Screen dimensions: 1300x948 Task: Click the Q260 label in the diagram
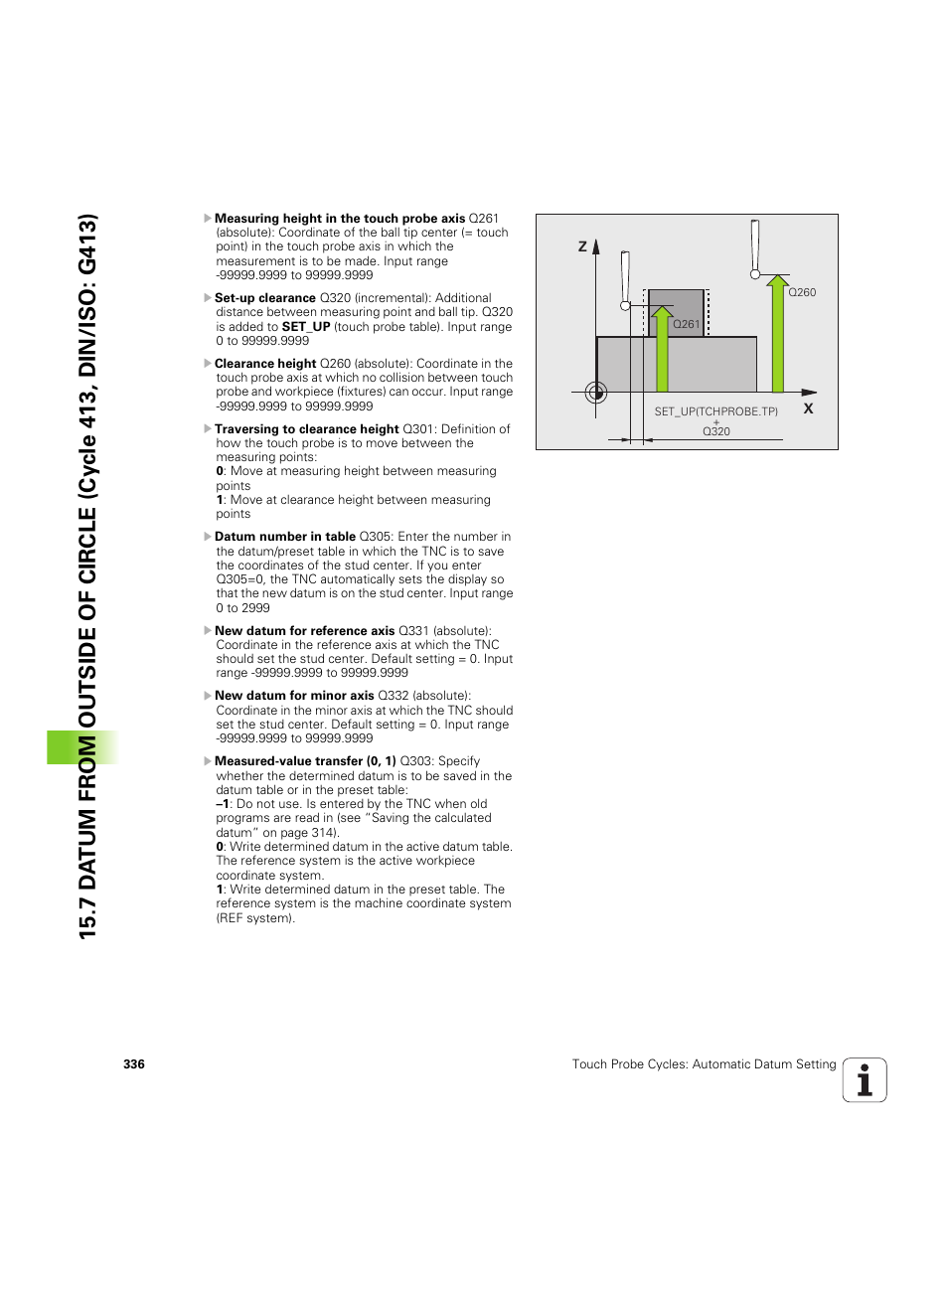802,292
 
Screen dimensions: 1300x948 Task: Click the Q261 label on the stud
686,324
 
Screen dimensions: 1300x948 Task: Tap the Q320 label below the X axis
715,431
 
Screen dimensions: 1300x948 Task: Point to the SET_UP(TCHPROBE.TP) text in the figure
715,411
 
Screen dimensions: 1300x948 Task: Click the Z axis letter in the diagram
582,246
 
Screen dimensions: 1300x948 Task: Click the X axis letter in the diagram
808,408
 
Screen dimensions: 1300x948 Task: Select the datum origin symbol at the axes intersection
596,393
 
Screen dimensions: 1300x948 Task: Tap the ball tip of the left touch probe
625,306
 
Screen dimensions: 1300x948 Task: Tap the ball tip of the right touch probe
755,274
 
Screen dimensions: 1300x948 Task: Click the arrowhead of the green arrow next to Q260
777,282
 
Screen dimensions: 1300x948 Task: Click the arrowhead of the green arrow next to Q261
662,313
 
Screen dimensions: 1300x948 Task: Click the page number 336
134,1064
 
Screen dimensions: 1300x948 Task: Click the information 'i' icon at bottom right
865,1080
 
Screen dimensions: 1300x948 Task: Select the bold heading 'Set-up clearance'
264,298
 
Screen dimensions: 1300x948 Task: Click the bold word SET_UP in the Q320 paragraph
305,327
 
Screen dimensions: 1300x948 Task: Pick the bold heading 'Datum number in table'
284,537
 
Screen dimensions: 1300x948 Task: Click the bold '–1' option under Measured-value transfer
223,804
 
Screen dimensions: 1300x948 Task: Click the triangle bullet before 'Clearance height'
208,364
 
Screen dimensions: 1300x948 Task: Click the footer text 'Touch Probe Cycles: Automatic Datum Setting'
704,1064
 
